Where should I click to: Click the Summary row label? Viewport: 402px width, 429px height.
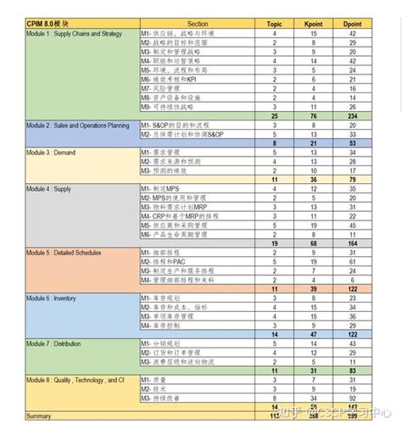(x=16, y=415)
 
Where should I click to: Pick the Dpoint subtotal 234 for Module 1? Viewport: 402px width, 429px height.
(x=351, y=115)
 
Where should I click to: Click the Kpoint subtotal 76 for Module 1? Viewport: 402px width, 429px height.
(x=314, y=115)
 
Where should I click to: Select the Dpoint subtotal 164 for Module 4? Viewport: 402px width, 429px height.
(x=351, y=242)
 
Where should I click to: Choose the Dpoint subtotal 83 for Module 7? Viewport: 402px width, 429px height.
(x=351, y=370)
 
